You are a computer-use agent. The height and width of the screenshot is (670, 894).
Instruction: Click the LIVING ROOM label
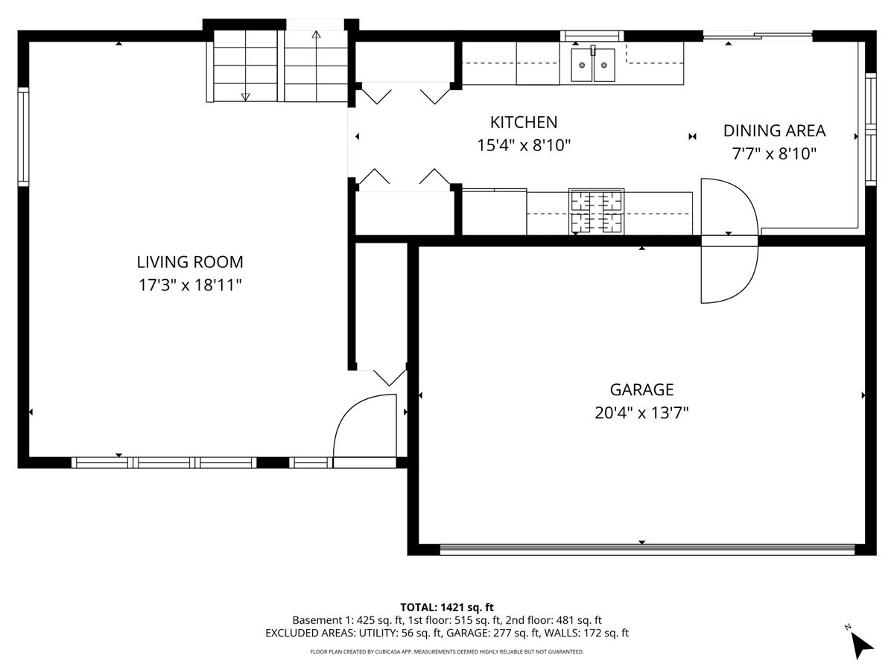tap(189, 262)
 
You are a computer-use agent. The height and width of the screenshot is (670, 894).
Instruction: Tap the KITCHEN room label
tap(523, 122)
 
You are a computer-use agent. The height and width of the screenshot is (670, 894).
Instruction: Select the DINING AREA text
tap(774, 131)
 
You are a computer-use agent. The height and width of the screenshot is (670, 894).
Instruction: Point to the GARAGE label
tap(641, 389)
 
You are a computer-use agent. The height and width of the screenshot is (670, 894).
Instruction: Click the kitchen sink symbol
tap(594, 65)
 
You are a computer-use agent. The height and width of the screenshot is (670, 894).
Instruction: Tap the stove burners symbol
tap(597, 211)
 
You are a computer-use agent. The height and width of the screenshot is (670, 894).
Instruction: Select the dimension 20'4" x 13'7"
tap(641, 413)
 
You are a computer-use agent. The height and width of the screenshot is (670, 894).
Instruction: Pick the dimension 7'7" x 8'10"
tap(774, 154)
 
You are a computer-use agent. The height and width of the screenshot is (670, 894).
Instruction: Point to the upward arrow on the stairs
tap(316, 36)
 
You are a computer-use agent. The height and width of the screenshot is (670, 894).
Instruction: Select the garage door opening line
tap(647, 550)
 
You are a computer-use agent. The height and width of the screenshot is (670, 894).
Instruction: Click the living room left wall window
tap(23, 135)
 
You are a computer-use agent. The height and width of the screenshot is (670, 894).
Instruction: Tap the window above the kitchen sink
tap(592, 35)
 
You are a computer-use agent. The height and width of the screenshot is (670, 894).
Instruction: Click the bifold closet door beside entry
tap(388, 374)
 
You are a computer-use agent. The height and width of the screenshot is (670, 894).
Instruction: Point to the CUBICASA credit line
tap(447, 651)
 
